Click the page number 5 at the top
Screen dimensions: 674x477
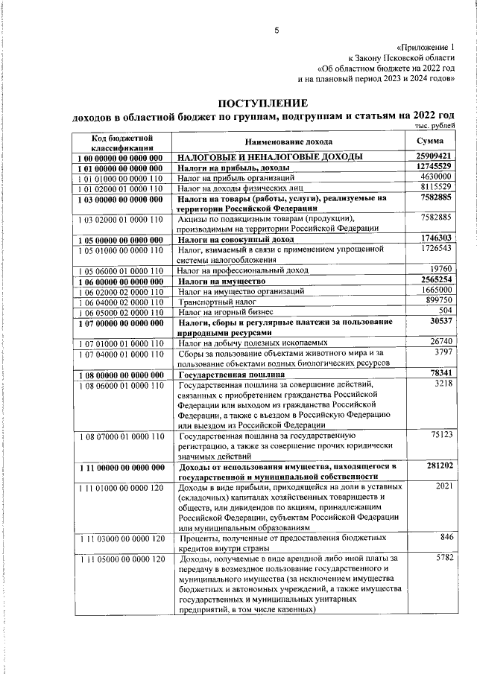pos(276,31)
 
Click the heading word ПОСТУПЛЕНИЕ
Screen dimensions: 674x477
pos(262,103)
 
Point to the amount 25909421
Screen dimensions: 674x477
pos(434,156)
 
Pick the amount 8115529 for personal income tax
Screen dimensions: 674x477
pos(436,188)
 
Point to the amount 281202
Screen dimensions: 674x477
pos(439,466)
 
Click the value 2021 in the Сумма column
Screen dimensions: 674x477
pos(443,486)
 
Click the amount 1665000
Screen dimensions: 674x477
pos(436,290)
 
